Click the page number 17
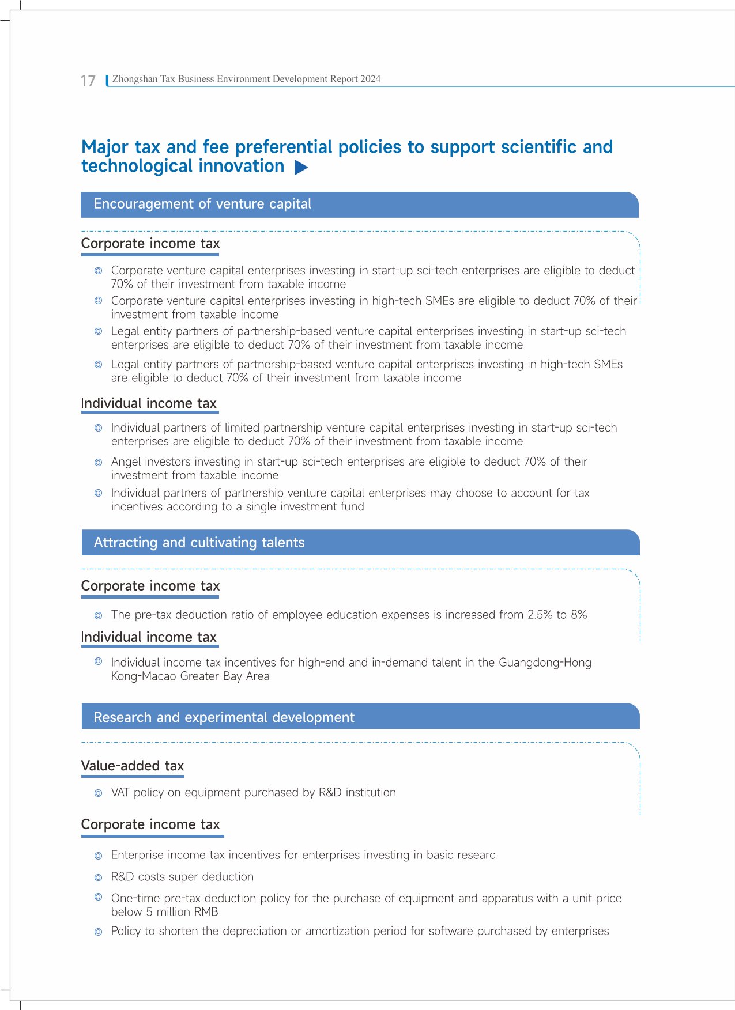88,81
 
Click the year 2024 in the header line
370,79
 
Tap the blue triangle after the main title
301,168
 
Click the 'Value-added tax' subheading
133,766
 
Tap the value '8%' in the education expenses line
579,615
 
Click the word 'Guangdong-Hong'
545,663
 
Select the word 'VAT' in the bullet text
120,792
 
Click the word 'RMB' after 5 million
206,912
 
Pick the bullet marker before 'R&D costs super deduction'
99,877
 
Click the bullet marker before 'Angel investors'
99,462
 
